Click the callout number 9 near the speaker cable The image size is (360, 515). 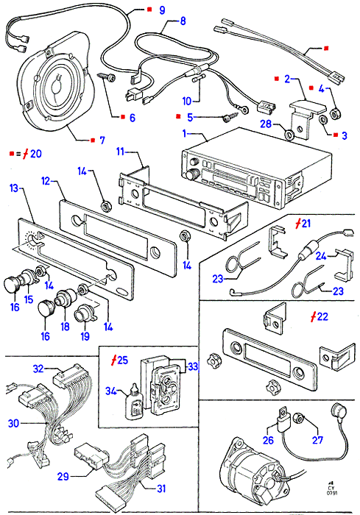coord(162,10)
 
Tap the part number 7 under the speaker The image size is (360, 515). coord(102,141)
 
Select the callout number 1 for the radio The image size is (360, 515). coord(185,133)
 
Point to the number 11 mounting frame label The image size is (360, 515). coord(120,152)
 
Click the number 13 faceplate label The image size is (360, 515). coord(14,188)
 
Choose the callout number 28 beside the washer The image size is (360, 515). coord(266,124)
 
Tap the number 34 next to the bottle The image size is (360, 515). coord(111,391)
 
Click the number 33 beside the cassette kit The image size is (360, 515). coord(193,366)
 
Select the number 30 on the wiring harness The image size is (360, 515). coord(13,423)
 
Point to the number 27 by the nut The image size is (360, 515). coord(317,440)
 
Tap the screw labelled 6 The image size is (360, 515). coord(107,78)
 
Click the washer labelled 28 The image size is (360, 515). coord(289,134)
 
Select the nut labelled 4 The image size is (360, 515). coord(334,113)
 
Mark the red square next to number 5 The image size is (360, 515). coord(178,116)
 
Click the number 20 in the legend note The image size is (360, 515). coord(36,153)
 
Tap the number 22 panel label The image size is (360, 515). coord(322,316)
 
